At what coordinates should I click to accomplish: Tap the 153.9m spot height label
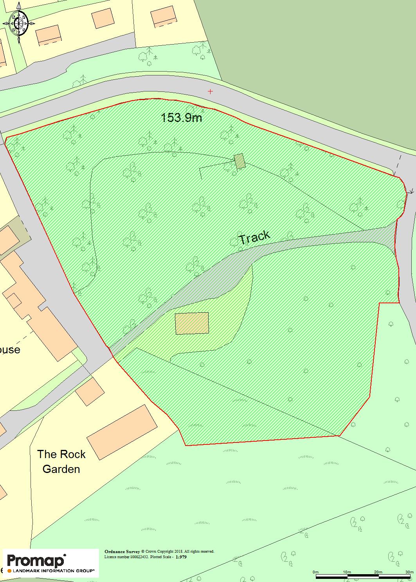(x=182, y=117)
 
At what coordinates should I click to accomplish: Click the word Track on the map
(x=254, y=237)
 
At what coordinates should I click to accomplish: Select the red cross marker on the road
(x=210, y=91)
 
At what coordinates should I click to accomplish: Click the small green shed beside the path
(x=239, y=161)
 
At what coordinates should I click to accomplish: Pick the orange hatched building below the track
(x=192, y=323)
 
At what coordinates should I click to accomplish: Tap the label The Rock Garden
(x=61, y=462)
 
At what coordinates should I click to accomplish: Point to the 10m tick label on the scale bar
(x=347, y=572)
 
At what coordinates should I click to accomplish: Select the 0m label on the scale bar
(x=316, y=572)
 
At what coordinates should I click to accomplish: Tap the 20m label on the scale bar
(x=378, y=572)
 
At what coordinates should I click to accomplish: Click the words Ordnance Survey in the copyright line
(x=122, y=552)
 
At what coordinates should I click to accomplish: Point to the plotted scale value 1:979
(x=181, y=557)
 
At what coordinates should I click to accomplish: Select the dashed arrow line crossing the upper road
(x=398, y=166)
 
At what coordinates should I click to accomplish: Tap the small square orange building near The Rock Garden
(x=90, y=391)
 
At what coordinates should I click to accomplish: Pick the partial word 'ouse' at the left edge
(x=10, y=349)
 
